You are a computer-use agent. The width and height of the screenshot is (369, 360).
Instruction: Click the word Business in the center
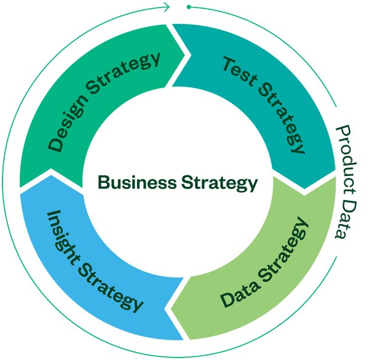[137, 183]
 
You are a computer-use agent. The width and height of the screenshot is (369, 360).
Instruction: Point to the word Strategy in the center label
[220, 183]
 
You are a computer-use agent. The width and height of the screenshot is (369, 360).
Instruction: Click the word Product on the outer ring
[346, 160]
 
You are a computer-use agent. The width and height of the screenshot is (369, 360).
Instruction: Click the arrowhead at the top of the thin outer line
[167, 7]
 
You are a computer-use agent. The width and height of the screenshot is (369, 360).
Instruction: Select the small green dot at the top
[189, 7]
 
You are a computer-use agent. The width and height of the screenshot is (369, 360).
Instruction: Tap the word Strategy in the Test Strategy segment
[282, 118]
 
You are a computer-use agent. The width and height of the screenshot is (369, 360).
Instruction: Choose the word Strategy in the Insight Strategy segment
[110, 287]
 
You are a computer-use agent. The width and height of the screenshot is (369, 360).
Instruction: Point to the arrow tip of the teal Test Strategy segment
[304, 189]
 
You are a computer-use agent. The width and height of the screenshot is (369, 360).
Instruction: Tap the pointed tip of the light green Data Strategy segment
[170, 308]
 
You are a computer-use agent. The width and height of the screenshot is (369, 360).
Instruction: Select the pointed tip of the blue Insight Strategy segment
[51, 175]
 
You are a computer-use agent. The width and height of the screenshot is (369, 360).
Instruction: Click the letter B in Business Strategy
[103, 183]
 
